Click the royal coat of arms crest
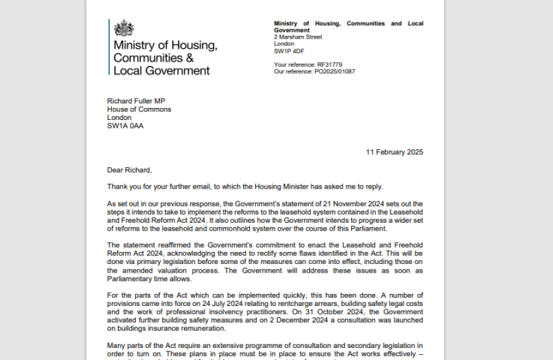point(123,28)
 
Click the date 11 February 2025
point(394,152)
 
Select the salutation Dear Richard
point(129,170)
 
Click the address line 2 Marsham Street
point(298,37)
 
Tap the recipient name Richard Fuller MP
point(136,101)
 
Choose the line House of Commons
point(139,109)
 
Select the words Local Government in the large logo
point(161,71)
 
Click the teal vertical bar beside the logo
point(109,47)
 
